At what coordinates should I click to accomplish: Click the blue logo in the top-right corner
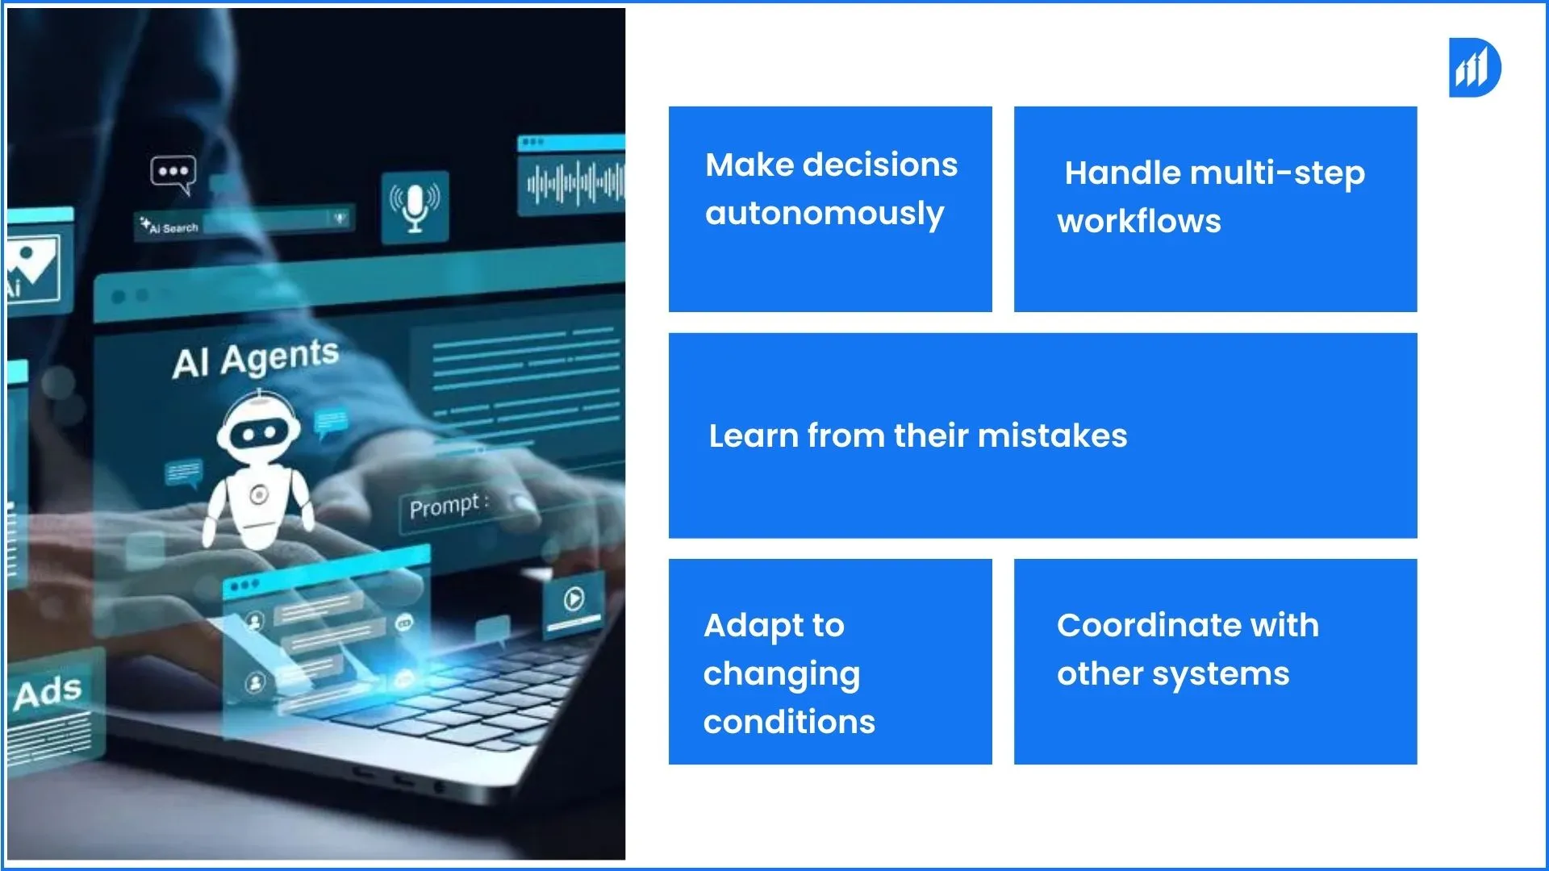click(x=1474, y=68)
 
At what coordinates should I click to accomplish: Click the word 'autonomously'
click(x=825, y=215)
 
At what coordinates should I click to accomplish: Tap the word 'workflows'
click(x=1139, y=222)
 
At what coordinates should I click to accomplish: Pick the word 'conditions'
click(x=789, y=722)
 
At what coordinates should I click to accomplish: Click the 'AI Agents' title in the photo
click(x=255, y=358)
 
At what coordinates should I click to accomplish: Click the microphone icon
click(x=415, y=206)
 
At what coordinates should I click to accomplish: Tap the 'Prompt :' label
click(x=449, y=506)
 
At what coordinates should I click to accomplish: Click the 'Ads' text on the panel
click(x=48, y=692)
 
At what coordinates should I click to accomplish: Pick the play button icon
click(x=574, y=598)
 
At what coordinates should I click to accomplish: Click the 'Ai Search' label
click(x=169, y=227)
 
